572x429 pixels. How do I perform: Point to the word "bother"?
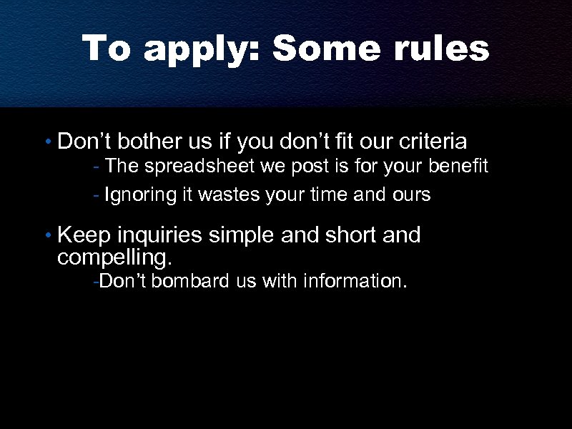click(141, 142)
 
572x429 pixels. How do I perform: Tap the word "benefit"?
click(460, 167)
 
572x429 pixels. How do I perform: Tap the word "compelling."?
click(115, 255)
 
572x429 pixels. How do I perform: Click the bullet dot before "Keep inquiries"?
click(46, 236)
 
